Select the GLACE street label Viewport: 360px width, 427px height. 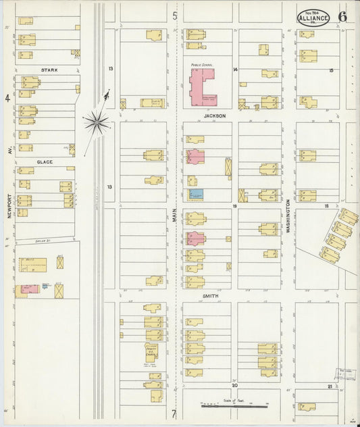click(45, 162)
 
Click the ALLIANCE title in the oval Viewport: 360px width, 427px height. click(313, 18)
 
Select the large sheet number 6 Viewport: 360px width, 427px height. click(343, 17)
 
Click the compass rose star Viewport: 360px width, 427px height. click(97, 122)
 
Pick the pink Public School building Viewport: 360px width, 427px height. click(201, 88)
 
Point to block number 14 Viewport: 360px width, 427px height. click(236, 70)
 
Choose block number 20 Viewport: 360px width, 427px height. click(236, 385)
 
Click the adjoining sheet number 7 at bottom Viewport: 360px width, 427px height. click(174, 414)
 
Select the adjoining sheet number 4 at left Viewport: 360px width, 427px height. click(7, 98)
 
